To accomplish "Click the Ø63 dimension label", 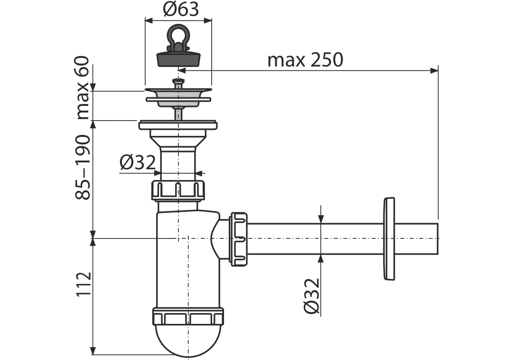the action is coord(181,9).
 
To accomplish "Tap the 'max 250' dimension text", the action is coord(305,60).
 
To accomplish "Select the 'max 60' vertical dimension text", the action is coord(83,88).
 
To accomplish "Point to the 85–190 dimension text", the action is coord(83,167).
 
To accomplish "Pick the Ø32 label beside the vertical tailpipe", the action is coord(137,162).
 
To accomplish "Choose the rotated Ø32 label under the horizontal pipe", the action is coord(311,296).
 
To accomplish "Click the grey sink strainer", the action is coord(178,97).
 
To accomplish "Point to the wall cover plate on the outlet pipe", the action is coord(389,239).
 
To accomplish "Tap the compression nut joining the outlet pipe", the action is coord(239,238).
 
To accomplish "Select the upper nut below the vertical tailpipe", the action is coord(178,190).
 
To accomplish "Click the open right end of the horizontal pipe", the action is coord(438,238).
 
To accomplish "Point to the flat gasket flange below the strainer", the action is coord(178,125).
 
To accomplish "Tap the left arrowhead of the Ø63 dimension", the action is coord(149,21).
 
